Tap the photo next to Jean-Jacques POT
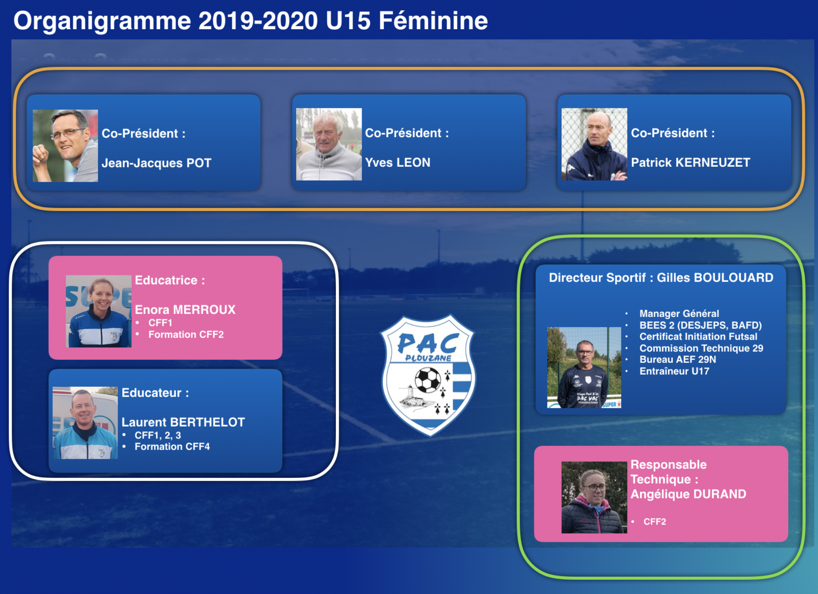[65, 146]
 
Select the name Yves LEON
[398, 162]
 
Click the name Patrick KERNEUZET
[690, 162]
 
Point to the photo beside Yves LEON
[329, 144]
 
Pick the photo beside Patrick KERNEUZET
[594, 144]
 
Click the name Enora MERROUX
[185, 309]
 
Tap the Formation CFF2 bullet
[186, 334]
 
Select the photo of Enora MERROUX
[99, 311]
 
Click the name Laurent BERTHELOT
[183, 422]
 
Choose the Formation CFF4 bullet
[172, 446]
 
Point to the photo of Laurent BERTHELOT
[85, 423]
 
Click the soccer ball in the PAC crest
[428, 380]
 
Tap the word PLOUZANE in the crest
[428, 358]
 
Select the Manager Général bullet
[679, 313]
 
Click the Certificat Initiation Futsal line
[698, 337]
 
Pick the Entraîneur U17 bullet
[674, 371]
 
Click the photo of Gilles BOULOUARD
[584, 368]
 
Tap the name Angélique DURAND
[688, 494]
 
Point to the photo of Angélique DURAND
[594, 497]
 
